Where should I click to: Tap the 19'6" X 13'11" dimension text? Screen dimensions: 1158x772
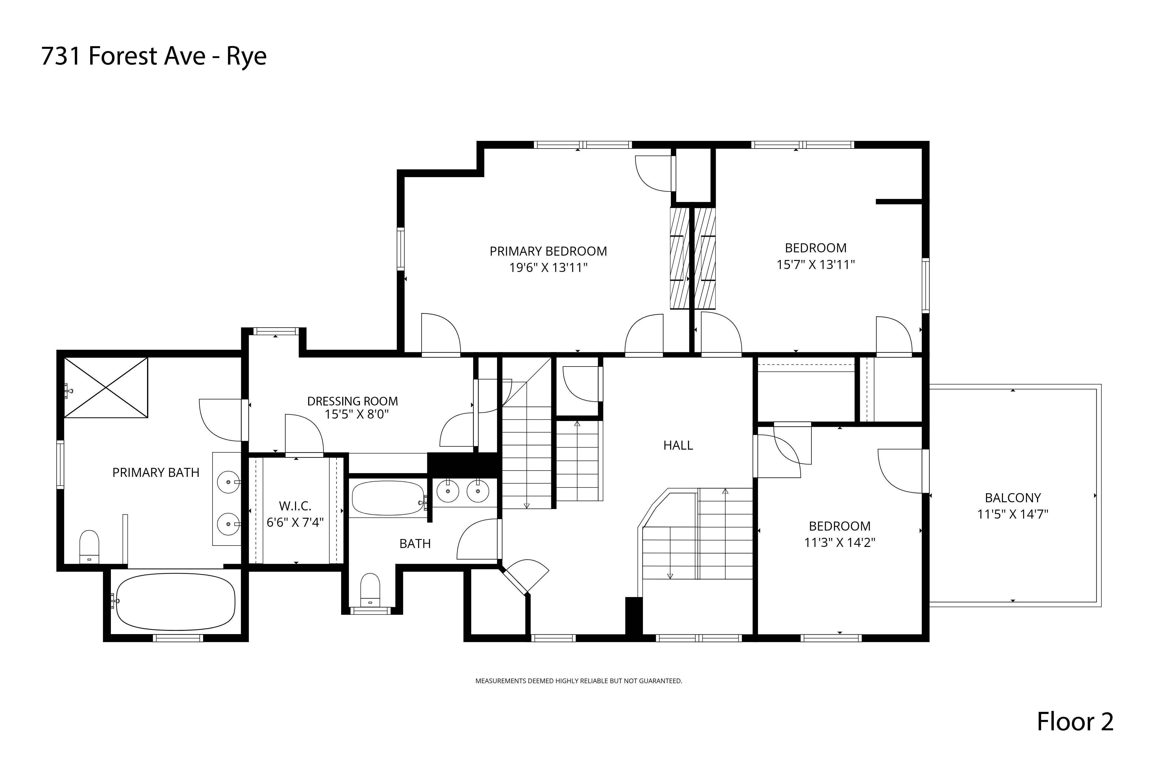548,268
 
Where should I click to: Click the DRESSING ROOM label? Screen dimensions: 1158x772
352,401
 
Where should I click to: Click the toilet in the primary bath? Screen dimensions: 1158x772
89,547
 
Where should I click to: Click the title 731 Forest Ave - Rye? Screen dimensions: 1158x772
154,56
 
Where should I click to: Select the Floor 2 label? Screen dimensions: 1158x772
1075,722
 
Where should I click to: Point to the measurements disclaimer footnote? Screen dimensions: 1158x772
579,681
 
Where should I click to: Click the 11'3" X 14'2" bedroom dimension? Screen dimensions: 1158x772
839,543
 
